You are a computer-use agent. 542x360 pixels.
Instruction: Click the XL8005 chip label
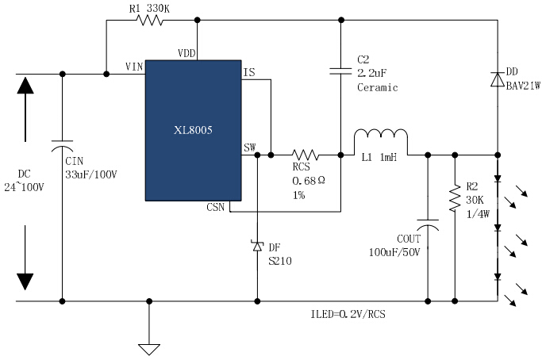click(x=193, y=130)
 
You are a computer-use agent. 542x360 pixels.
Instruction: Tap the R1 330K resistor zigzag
click(x=150, y=20)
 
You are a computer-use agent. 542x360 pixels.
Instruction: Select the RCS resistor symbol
click(x=306, y=155)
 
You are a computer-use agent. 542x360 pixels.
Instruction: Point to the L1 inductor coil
click(x=381, y=135)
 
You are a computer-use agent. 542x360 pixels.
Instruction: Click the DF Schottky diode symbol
click(x=257, y=246)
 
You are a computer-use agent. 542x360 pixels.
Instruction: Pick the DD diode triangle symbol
click(x=498, y=79)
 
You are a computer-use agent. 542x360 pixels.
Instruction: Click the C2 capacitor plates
click(x=340, y=71)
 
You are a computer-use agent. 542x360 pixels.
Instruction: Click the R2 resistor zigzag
click(x=455, y=198)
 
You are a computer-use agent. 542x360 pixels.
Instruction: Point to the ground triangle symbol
click(x=149, y=349)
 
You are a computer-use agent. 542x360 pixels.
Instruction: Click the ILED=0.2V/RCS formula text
click(x=348, y=314)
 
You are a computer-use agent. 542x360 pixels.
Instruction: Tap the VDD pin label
click(x=186, y=53)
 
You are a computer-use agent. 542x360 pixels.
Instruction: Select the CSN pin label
click(x=215, y=207)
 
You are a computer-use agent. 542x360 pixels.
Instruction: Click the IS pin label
click(x=249, y=72)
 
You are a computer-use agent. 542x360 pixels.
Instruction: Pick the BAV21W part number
click(x=523, y=86)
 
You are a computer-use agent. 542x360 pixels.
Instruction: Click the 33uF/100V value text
click(x=91, y=174)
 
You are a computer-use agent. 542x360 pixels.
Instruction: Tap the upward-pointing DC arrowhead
click(x=25, y=86)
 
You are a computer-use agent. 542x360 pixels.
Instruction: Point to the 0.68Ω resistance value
click(x=309, y=181)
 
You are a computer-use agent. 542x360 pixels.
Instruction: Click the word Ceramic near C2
click(x=378, y=87)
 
